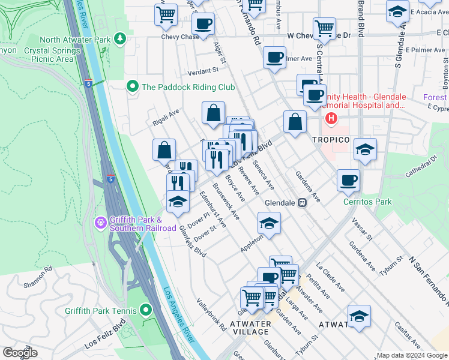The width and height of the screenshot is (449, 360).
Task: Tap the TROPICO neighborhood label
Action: pos(331,139)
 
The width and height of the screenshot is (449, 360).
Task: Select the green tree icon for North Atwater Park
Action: pos(121,39)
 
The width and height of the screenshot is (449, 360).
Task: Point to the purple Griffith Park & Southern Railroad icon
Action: pos(100,223)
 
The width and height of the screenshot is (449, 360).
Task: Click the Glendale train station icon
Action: pos(303,203)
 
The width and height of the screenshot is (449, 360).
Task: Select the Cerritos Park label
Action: pos(367,202)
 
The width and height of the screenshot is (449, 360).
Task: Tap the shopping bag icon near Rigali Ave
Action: pos(214,113)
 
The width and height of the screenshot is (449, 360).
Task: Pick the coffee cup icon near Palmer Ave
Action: pos(275,58)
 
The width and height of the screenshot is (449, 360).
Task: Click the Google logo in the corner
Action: pos(20,353)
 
